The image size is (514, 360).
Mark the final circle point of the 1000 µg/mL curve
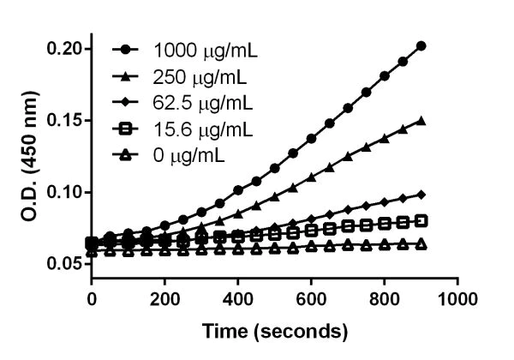coord(421,45)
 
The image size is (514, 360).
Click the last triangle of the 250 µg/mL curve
coord(421,121)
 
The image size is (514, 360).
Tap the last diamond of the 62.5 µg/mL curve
coord(421,194)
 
